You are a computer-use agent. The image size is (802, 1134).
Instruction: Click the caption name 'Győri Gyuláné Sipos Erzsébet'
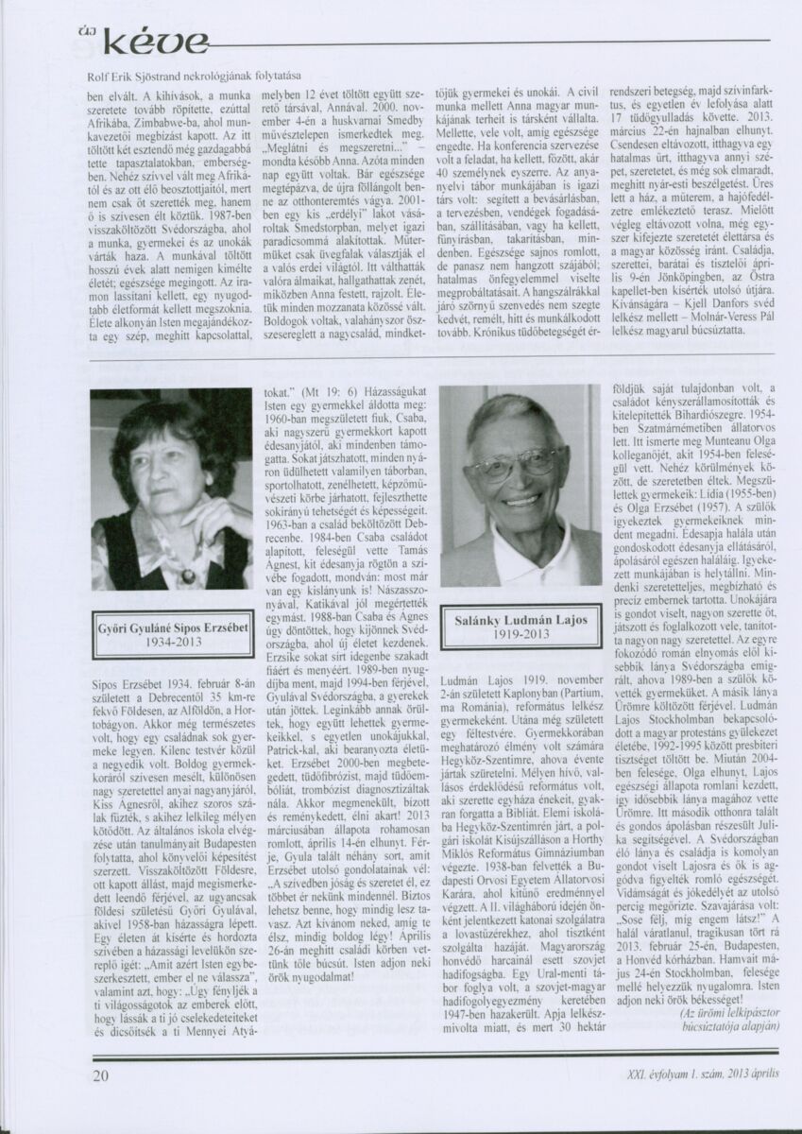point(171,627)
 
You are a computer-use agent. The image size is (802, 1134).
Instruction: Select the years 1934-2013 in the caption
point(171,642)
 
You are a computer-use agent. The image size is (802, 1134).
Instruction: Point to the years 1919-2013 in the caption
point(520,637)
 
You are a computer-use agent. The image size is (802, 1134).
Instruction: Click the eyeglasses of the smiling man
point(515,463)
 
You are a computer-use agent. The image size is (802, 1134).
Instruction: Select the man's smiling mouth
point(521,501)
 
